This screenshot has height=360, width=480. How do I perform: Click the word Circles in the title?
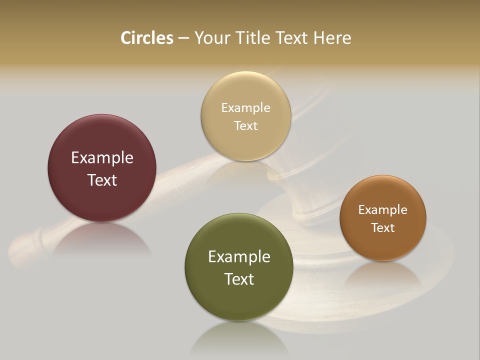[x=147, y=38]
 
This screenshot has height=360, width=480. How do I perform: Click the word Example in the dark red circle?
[x=102, y=158]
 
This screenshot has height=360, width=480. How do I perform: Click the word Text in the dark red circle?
[x=102, y=180]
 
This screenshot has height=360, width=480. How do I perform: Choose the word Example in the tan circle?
[x=246, y=108]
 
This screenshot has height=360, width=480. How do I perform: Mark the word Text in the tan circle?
[x=246, y=125]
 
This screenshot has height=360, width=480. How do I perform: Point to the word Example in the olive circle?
[x=239, y=257]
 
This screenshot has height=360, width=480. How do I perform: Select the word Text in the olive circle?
[x=239, y=279]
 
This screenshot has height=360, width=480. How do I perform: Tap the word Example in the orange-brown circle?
[x=383, y=210]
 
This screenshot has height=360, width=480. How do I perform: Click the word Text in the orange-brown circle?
[x=383, y=227]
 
